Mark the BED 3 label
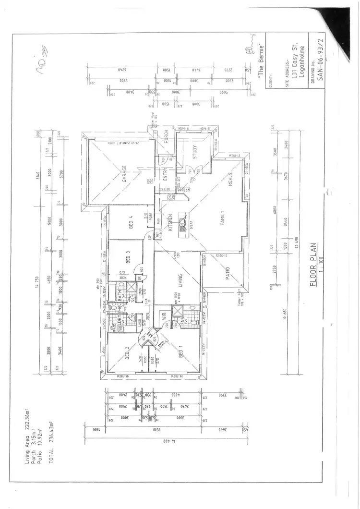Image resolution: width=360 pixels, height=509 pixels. [128, 258]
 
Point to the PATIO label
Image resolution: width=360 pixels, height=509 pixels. [228, 274]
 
